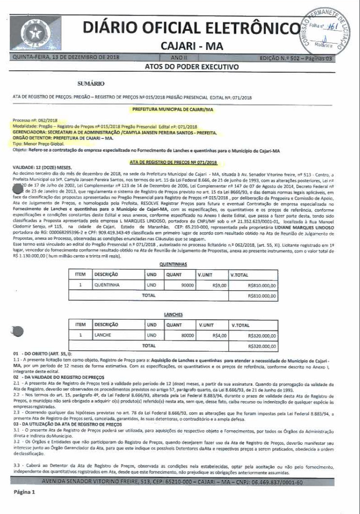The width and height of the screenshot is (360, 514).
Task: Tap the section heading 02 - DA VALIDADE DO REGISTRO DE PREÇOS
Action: click(x=57, y=377)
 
